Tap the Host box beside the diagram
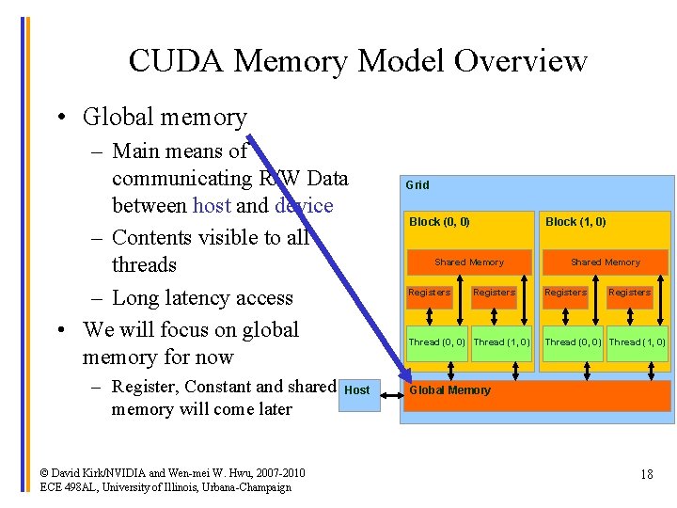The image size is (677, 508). (357, 389)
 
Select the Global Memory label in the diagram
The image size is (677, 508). (449, 390)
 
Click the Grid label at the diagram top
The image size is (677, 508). (417, 185)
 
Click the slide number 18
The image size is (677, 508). (646, 474)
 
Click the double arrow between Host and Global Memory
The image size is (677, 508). (390, 389)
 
